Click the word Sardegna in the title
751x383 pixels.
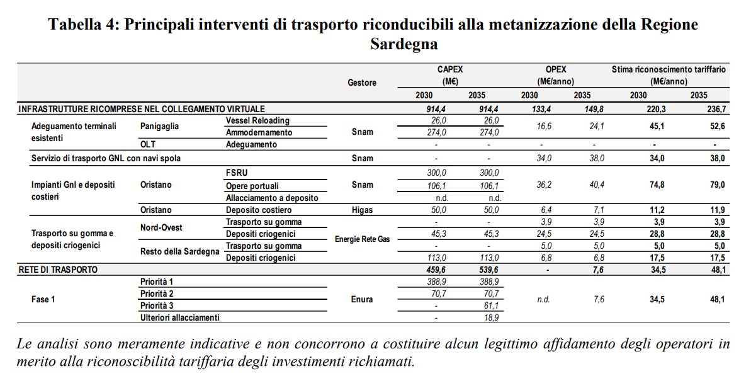[x=404, y=45]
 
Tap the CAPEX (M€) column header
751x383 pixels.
[x=449, y=76]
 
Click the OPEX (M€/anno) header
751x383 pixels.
[x=555, y=76]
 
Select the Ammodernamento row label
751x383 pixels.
[x=259, y=132]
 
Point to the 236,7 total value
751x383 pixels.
[x=716, y=109]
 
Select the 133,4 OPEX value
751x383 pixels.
[x=529, y=109]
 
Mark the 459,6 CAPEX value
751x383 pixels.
[x=436, y=270]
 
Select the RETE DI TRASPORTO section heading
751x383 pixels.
[x=57, y=270]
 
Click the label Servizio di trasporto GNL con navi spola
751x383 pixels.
[x=106, y=158]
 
